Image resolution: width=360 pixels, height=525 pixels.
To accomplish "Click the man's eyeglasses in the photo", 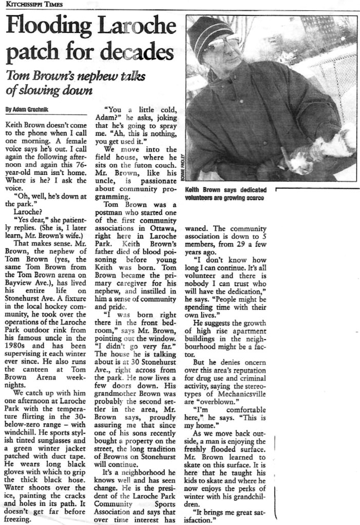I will click(x=221, y=45).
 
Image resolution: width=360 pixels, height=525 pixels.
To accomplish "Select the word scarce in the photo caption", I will click(x=252, y=198).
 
